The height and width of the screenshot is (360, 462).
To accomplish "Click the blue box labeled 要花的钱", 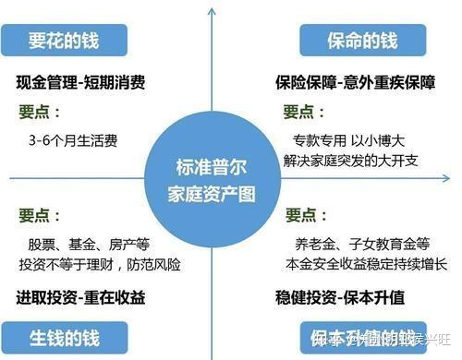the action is click(63, 41).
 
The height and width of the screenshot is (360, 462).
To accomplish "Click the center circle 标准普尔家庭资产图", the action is click(214, 180).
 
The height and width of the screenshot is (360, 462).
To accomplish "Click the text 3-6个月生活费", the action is click(73, 141).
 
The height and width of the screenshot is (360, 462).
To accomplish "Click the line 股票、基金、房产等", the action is click(89, 246).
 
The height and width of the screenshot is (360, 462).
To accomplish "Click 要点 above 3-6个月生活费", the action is click(39, 112).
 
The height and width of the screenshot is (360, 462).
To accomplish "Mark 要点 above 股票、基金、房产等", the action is click(39, 215).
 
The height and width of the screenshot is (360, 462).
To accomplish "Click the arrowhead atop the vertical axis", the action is click(213, 8).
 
